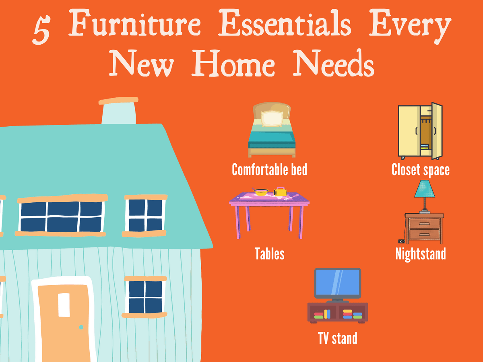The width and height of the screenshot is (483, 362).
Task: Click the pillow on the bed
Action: [x=272, y=119]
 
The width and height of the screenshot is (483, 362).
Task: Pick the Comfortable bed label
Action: [x=269, y=169]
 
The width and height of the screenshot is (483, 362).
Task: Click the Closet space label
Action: [x=420, y=169]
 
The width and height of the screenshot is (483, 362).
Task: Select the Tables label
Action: [x=269, y=254]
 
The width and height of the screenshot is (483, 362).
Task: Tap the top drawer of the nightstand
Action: [x=424, y=224]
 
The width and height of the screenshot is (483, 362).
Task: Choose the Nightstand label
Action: [x=420, y=254]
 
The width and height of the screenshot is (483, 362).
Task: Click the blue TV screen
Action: [x=337, y=283]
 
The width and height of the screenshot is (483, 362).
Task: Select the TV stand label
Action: [x=337, y=338]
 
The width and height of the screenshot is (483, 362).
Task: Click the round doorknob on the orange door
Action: [x=81, y=327]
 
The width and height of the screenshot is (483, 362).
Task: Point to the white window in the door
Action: [x=64, y=305]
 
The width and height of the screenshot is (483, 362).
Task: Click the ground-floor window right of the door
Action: [x=145, y=296]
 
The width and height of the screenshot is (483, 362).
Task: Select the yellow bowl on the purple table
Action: [x=261, y=192]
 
